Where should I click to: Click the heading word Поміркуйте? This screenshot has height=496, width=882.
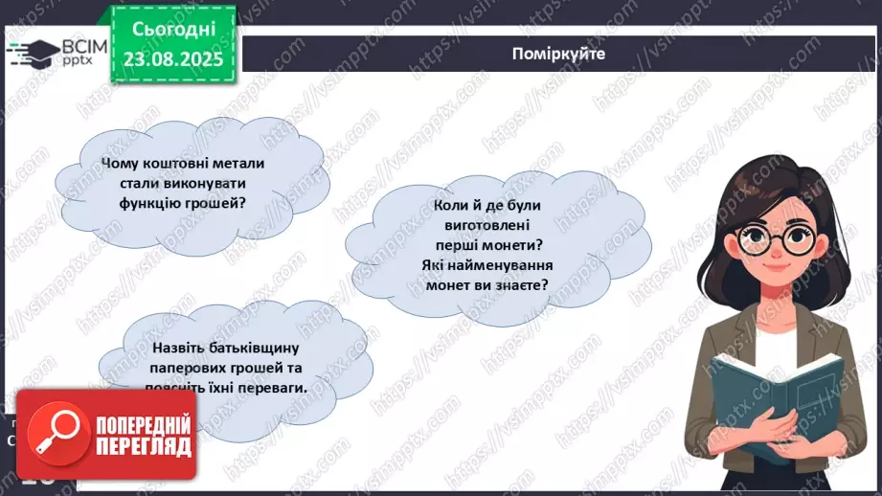558,54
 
